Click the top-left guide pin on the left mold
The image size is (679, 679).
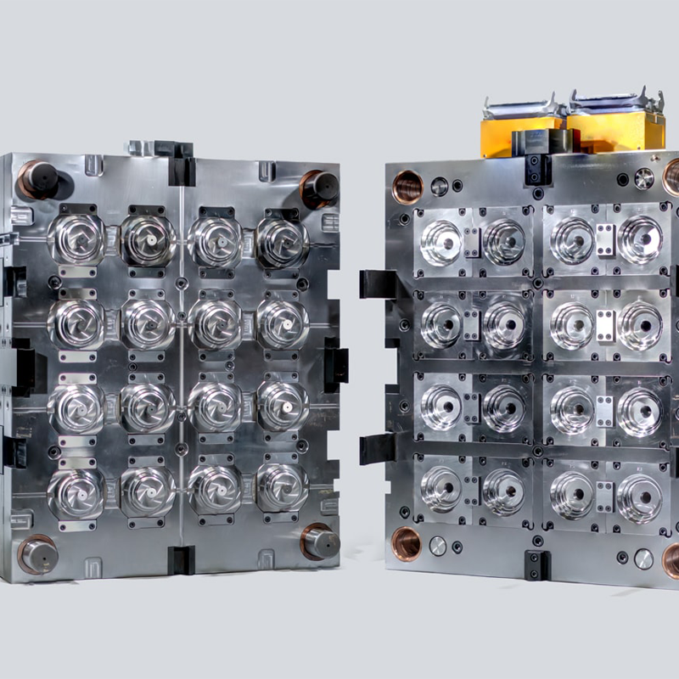(x=38, y=180)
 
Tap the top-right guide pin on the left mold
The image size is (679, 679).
(x=318, y=188)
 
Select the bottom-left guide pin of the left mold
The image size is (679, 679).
(x=38, y=555)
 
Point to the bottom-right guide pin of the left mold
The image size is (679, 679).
(x=320, y=542)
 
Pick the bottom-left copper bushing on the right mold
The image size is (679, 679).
(x=405, y=543)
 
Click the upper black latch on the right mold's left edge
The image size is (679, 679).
(x=373, y=283)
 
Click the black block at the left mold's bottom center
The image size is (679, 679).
(x=180, y=559)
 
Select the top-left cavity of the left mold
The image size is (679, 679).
(x=76, y=238)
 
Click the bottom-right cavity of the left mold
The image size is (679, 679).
(x=283, y=487)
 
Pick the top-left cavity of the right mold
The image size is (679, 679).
(x=441, y=241)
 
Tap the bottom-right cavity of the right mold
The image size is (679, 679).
(x=638, y=497)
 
